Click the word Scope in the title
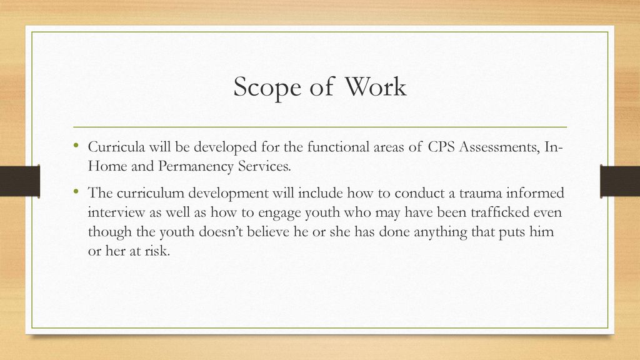point(267,87)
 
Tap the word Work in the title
point(376,86)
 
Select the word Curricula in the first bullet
point(116,146)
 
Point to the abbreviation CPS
point(441,146)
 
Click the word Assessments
point(499,147)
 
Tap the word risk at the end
point(157,251)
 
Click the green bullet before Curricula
point(76,145)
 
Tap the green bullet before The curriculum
point(76,191)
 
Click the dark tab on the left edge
point(20,181)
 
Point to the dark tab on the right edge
point(620,181)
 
